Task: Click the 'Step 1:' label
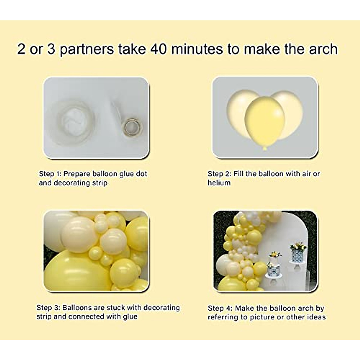pyautogui.click(x=50, y=174)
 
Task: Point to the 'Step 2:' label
pyautogui.click(x=219, y=174)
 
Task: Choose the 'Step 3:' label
pyautogui.click(x=48, y=307)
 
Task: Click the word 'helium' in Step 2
pyautogui.click(x=219, y=183)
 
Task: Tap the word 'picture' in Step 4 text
pyautogui.click(x=262, y=317)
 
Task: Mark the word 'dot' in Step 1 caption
pyautogui.click(x=141, y=174)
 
